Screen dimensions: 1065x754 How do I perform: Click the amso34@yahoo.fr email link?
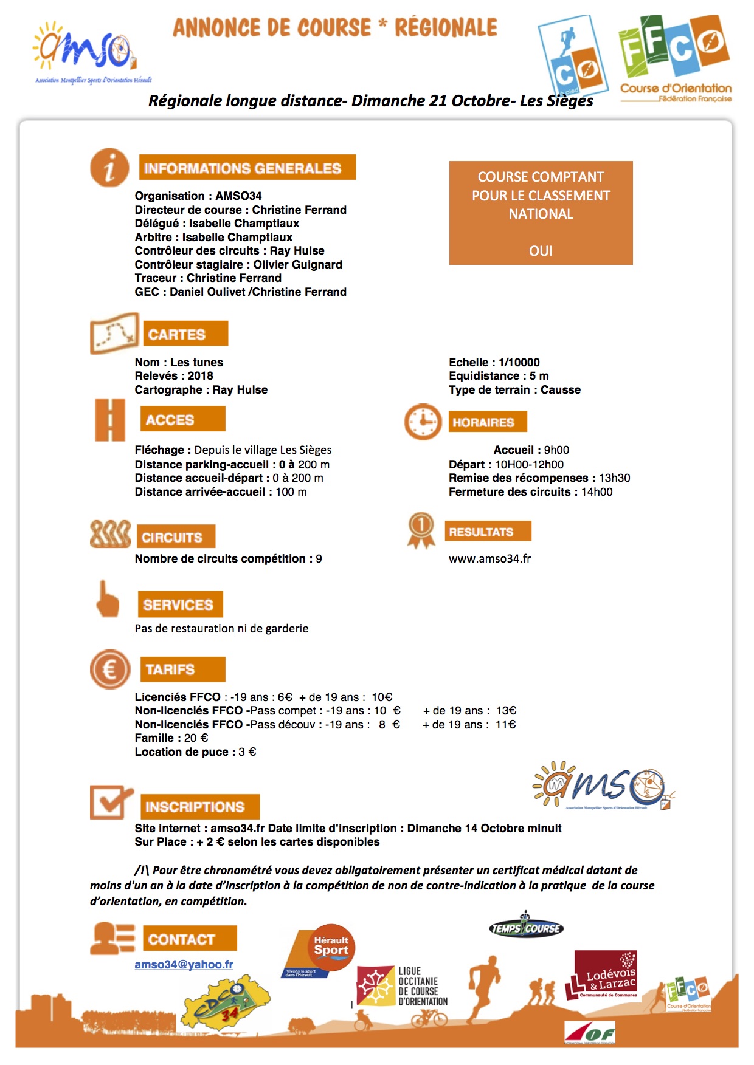click(184, 964)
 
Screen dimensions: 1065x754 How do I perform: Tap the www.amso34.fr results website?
click(489, 558)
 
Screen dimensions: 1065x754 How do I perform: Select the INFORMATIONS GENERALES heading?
click(247, 168)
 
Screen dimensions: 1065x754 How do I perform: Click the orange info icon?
click(109, 167)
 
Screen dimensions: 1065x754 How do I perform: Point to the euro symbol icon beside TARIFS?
click(110, 669)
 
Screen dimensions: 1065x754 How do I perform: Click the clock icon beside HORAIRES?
click(423, 421)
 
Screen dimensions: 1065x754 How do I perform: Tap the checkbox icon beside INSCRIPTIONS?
click(110, 802)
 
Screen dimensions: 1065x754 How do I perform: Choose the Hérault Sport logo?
click(322, 951)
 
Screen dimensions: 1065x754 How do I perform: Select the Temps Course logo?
click(526, 927)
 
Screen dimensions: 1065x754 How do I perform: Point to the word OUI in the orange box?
click(541, 251)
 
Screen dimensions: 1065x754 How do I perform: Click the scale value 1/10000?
click(519, 362)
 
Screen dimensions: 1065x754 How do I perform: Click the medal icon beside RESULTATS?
click(421, 530)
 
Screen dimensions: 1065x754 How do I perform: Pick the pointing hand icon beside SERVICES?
click(108, 600)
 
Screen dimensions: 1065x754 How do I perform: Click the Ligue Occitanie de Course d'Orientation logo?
click(403, 986)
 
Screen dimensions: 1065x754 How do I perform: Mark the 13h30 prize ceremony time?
click(614, 478)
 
